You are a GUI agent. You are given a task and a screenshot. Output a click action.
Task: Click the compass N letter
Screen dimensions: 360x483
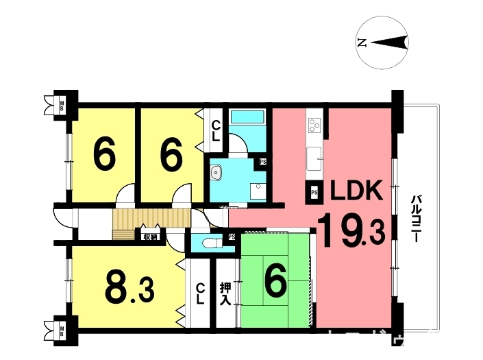point(362,44)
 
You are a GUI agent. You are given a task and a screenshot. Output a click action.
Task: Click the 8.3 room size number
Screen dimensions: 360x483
point(129,288)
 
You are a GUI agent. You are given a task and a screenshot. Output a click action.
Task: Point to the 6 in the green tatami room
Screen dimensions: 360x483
point(275,282)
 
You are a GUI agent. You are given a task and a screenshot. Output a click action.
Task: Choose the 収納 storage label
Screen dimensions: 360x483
point(150,237)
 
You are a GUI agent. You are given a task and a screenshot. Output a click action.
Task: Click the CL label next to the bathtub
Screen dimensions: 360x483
point(215,130)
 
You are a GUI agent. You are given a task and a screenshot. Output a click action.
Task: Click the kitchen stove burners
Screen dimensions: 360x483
point(314,124)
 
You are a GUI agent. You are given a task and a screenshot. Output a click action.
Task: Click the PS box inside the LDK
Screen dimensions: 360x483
point(314,193)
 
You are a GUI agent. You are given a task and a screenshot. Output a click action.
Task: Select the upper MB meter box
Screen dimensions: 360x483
point(62,106)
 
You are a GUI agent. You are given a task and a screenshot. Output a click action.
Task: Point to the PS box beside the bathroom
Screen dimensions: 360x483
point(263,162)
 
